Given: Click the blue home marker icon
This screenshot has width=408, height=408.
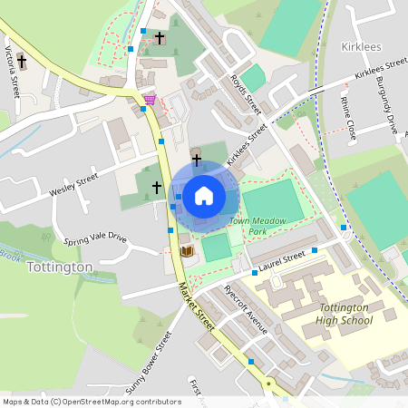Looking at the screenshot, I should click(x=204, y=195).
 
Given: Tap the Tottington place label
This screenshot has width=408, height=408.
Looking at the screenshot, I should click(x=60, y=267).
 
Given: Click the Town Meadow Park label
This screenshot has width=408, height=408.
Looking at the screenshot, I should click(x=250, y=226).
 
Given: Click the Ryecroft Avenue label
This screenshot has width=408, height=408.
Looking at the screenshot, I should click(x=246, y=312).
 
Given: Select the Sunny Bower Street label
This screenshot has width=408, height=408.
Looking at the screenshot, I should click(x=149, y=364).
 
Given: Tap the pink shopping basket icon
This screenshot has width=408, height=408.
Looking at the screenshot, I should click(x=150, y=98).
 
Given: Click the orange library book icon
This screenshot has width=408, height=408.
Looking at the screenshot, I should click(x=186, y=250).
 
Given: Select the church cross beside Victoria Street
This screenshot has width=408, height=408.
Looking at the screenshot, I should click(x=22, y=62).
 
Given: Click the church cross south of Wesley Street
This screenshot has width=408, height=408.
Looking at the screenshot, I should click(x=156, y=187).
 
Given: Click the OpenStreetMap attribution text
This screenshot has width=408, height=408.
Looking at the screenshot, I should click(x=92, y=401).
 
